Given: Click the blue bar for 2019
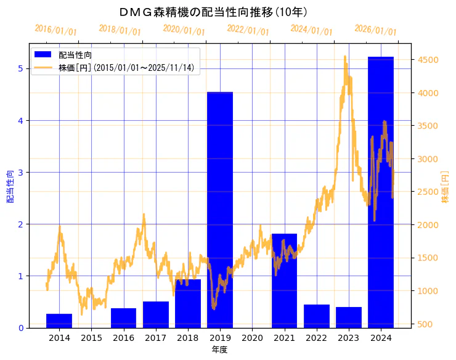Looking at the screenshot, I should point(220,210).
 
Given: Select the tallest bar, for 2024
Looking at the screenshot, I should point(381,192).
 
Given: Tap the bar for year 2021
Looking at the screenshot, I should point(284,280).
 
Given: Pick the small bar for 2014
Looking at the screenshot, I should point(59,321).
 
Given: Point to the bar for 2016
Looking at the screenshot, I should point(123,318).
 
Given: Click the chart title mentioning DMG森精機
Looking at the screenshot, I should point(213,12).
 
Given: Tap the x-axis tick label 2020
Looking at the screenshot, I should point(252,338).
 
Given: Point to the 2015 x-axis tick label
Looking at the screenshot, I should point(91,338).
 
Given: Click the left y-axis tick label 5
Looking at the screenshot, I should point(20,68).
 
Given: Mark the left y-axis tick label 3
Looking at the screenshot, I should point(20,172).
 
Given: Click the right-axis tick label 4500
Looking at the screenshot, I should point(428,60).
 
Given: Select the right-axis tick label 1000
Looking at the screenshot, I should point(428,291).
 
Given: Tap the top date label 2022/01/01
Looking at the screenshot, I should point(248,30).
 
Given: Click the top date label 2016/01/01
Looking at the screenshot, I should point(55,30).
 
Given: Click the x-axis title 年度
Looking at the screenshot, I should point(219,350).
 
